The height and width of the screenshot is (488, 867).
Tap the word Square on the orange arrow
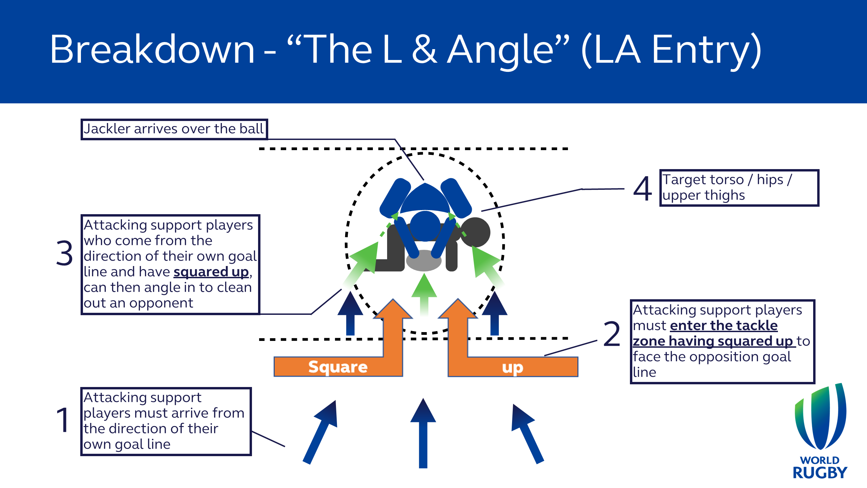[338, 367]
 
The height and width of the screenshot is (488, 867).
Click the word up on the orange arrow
[512, 367]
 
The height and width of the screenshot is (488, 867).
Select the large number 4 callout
[642, 188]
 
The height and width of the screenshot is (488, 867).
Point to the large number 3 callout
[64, 253]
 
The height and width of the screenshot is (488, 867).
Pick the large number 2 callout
[612, 334]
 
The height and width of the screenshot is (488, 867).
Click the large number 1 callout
[63, 420]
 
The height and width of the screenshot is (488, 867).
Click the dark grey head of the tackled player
[475, 232]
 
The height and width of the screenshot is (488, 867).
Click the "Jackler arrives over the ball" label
[174, 129]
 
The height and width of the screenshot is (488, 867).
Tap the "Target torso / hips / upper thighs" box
[739, 188]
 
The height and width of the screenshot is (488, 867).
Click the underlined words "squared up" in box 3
[211, 272]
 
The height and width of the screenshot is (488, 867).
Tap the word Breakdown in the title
[152, 49]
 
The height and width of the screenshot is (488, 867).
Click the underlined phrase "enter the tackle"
[724, 326]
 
